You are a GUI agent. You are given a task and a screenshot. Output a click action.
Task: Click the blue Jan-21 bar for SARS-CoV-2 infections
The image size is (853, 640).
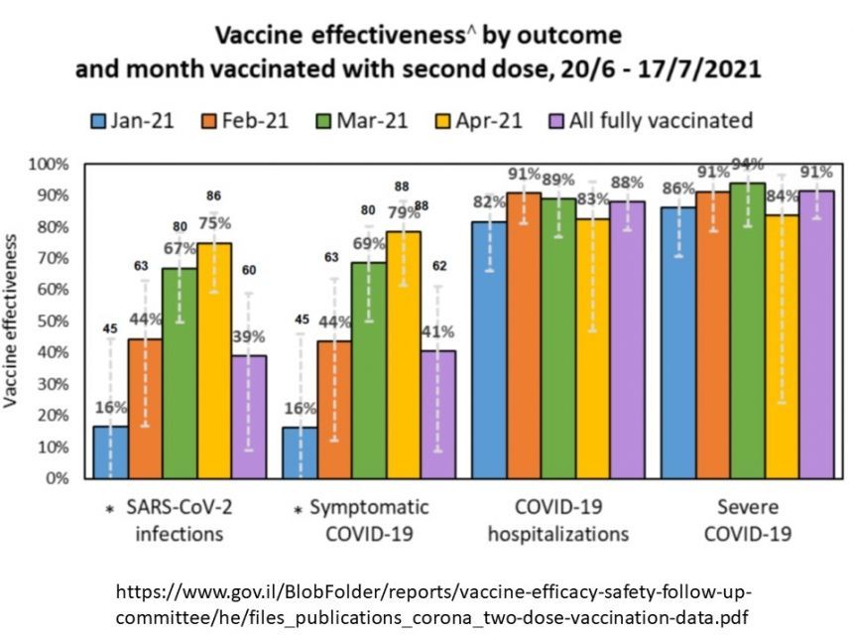pyautogui.click(x=110, y=451)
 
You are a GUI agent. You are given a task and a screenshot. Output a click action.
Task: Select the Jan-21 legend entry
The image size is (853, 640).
pyautogui.click(x=133, y=121)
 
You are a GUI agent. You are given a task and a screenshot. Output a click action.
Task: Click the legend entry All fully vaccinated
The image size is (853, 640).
pyautogui.click(x=651, y=121)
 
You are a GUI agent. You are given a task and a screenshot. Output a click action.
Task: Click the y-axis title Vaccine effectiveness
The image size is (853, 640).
pyautogui.click(x=13, y=321)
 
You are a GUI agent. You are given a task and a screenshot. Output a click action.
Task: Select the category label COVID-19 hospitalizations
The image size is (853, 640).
pyautogui.click(x=558, y=520)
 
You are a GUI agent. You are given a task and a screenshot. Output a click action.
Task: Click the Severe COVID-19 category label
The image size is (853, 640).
pyautogui.click(x=747, y=520)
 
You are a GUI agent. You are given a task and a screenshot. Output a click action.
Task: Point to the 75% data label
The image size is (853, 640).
pyautogui.click(x=215, y=223)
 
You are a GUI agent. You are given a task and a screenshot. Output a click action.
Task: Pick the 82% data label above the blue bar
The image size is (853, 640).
pyautogui.click(x=489, y=203)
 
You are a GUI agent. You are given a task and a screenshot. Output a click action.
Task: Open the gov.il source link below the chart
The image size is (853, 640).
pyautogui.click(x=433, y=603)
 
